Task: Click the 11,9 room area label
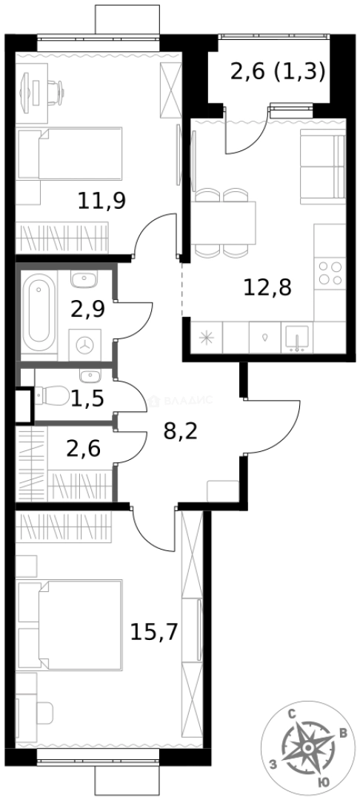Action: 101,201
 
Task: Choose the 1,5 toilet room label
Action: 87,400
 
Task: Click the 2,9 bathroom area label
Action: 87,309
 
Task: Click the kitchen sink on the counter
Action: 297,338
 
